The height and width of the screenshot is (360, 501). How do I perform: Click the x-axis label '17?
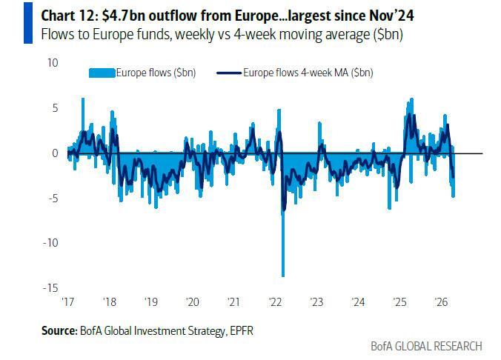[68, 302]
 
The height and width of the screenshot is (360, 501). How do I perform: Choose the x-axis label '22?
[274, 302]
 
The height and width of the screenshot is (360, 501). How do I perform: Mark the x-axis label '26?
[440, 302]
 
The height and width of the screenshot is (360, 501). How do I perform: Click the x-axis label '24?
[358, 302]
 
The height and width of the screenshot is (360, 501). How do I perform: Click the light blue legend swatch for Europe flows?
[102, 73]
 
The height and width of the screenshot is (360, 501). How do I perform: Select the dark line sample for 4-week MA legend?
[229, 73]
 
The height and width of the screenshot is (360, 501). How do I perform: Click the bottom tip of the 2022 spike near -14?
[282, 276]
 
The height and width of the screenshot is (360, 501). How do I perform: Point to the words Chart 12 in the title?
[66, 14]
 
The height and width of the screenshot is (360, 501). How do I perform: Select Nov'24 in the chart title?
[375, 14]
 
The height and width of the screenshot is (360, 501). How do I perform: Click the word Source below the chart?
[59, 330]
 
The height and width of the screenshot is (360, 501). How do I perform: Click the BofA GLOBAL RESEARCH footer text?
[426, 346]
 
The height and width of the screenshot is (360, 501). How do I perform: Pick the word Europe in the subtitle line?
[94, 34]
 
